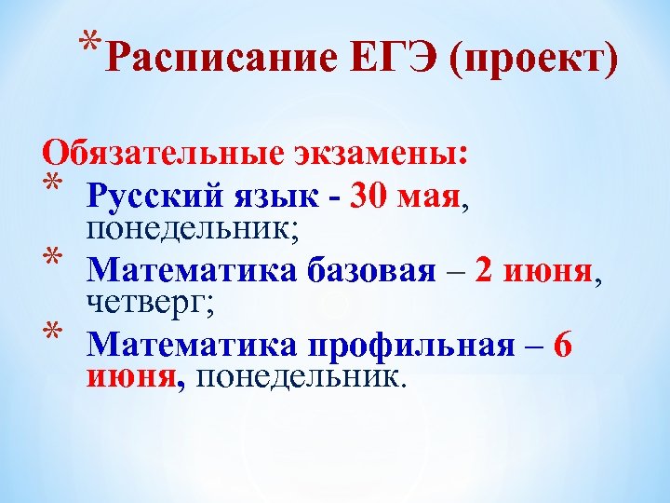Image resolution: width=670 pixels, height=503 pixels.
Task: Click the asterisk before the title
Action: click(90, 44)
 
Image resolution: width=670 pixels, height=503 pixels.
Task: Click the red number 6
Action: click(562, 346)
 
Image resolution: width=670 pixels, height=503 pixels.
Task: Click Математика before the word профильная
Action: click(193, 346)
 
